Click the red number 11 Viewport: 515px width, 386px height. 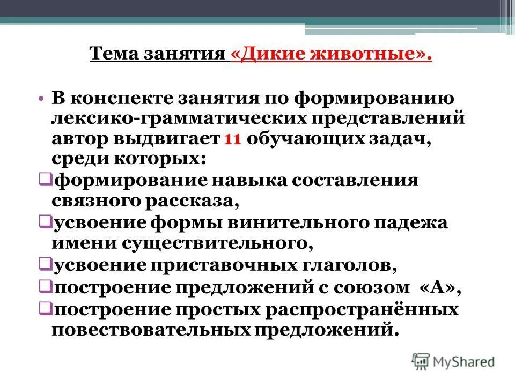[232, 138]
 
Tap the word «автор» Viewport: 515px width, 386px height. [80, 138]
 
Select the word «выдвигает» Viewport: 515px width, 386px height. [165, 138]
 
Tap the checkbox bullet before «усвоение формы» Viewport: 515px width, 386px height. [45, 222]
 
